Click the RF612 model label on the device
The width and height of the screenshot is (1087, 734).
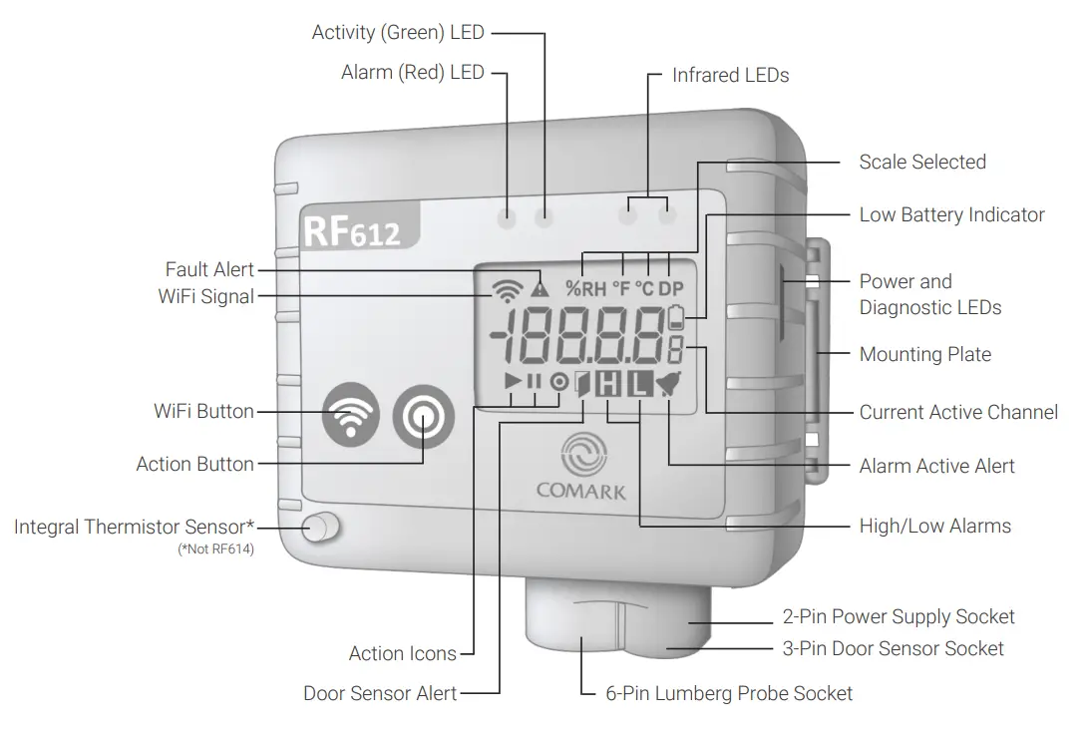point(351,230)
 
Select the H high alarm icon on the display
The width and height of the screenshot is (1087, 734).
point(607,382)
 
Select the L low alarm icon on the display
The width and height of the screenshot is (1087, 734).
point(639,382)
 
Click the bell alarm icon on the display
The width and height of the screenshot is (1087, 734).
point(665,382)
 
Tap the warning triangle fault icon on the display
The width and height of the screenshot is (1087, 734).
point(540,289)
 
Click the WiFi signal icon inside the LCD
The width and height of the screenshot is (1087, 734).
point(508,288)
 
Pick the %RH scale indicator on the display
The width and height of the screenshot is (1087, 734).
point(585,289)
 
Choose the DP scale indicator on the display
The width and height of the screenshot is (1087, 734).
point(670,289)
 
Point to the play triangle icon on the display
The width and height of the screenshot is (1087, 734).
point(513,380)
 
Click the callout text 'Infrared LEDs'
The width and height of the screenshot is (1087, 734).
point(730,76)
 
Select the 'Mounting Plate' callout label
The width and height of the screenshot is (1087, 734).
point(924,354)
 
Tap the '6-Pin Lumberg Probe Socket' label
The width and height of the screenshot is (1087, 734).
point(729,693)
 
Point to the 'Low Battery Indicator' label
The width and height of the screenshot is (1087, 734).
point(951,215)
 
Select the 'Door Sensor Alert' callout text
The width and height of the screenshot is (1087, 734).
point(380,693)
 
